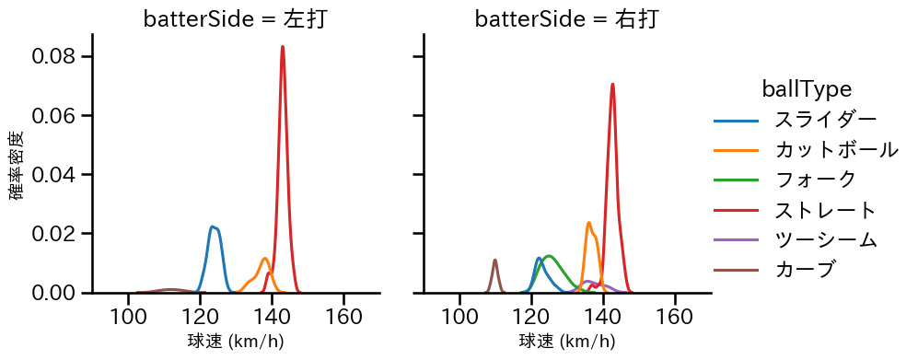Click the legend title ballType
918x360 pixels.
(806, 89)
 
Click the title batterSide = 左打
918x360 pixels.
(235, 19)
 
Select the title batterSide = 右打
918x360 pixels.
(566, 19)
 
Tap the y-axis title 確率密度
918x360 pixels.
(17, 165)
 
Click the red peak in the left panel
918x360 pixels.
(283, 47)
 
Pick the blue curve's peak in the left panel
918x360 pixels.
(213, 226)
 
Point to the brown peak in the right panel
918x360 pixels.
(495, 260)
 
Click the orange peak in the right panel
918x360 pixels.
(588, 223)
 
